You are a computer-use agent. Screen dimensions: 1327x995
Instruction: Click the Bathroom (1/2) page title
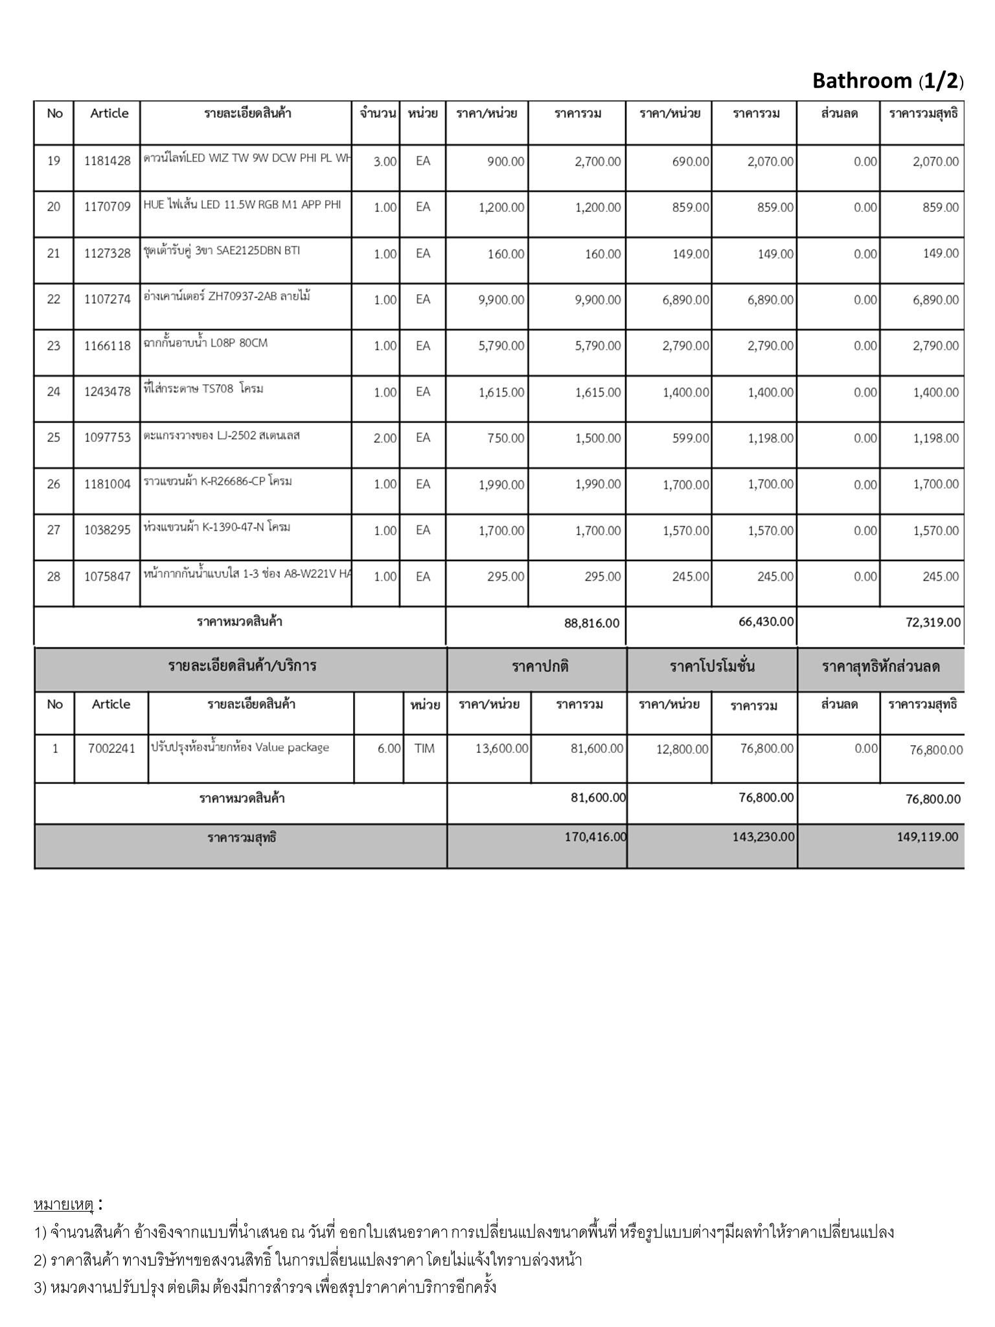(x=887, y=81)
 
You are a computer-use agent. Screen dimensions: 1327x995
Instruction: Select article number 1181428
(x=107, y=161)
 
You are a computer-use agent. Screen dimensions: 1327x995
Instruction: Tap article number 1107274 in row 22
(x=107, y=299)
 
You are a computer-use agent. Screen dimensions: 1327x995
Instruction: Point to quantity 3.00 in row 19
(x=385, y=162)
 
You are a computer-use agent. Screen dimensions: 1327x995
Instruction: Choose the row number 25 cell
(x=54, y=438)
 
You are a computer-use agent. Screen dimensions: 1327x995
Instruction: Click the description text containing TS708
(x=203, y=389)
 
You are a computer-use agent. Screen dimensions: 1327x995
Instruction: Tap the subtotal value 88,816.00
(x=591, y=623)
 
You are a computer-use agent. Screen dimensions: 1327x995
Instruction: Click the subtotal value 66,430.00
(x=766, y=622)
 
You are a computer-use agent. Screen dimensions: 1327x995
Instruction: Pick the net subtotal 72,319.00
(x=933, y=623)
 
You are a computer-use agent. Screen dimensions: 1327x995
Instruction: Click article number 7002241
(x=111, y=749)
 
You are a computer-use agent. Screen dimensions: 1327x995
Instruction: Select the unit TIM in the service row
(x=424, y=749)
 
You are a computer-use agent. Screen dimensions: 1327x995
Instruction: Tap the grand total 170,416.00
(x=595, y=837)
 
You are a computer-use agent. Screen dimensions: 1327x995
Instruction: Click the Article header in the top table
(x=109, y=113)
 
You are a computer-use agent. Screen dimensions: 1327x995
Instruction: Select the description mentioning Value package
(x=240, y=748)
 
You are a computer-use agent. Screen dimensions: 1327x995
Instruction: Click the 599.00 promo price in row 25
(x=691, y=439)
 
